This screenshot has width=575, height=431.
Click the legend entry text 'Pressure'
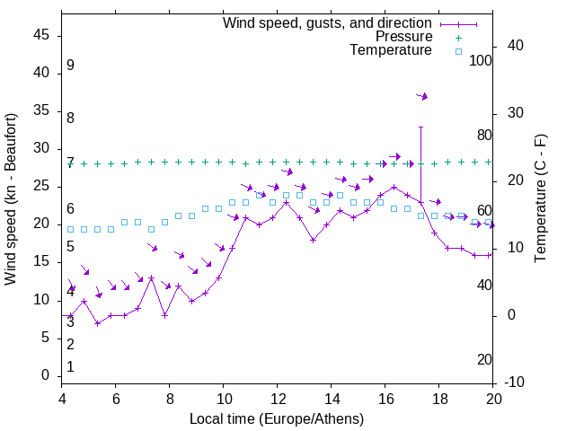403,37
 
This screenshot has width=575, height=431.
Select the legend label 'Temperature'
391,50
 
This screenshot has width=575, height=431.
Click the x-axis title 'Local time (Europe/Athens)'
277,418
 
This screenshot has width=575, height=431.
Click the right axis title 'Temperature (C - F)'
540,199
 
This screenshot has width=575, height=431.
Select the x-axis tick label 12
278,400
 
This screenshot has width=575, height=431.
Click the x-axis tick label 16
385,400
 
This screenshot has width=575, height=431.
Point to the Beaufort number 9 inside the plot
70,66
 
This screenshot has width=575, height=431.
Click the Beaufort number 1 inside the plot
70,367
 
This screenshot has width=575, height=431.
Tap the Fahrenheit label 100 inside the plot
481,61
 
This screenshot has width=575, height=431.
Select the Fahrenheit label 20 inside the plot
484,360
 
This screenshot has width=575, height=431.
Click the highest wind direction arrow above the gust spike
422,96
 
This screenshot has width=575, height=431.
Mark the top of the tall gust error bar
420,127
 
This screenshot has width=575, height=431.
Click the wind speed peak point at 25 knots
394,187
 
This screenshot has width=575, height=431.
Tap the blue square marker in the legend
457,51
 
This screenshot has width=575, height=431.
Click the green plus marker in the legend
457,37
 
